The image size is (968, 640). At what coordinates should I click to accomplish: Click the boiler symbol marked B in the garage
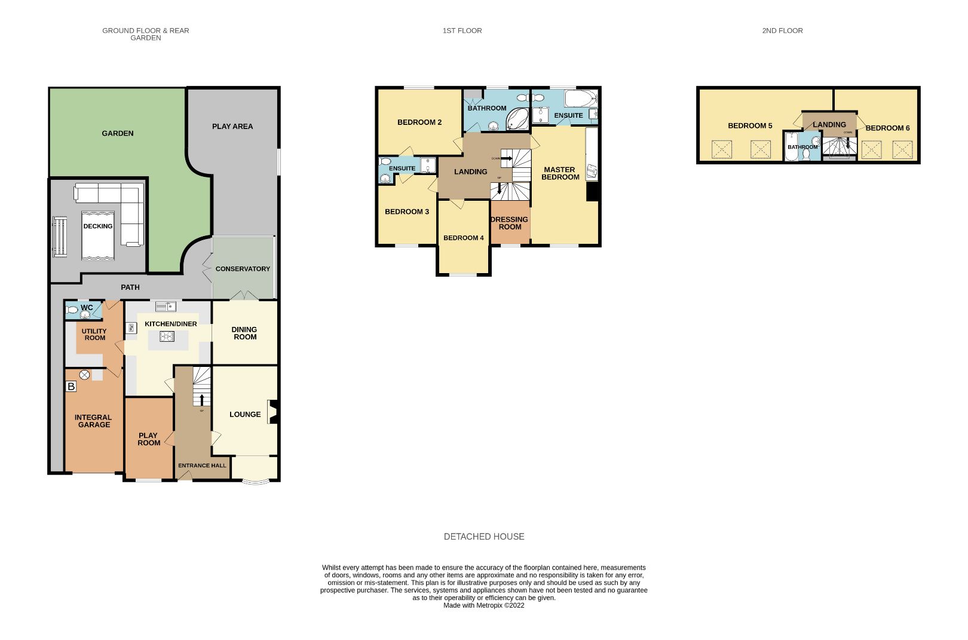click(x=71, y=387)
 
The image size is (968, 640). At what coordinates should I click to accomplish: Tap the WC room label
click(x=87, y=308)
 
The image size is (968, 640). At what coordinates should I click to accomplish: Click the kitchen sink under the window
click(x=166, y=307)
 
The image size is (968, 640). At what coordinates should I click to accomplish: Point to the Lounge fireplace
click(x=272, y=412)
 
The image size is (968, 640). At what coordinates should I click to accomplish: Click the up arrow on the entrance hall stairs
click(x=201, y=400)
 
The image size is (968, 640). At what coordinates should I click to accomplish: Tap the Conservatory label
click(x=243, y=269)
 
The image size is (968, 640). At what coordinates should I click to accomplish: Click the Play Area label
click(x=232, y=126)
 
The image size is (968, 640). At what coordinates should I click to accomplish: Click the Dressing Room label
click(x=510, y=223)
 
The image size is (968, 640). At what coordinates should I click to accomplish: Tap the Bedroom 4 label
click(x=463, y=238)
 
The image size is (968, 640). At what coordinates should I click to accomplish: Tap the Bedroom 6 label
click(x=887, y=128)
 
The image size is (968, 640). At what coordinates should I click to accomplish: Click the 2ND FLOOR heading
click(x=782, y=30)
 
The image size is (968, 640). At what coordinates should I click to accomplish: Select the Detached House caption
click(x=484, y=537)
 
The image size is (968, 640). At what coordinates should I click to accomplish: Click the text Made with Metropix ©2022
click(x=484, y=605)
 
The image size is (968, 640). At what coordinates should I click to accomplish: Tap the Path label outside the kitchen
click(x=130, y=287)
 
